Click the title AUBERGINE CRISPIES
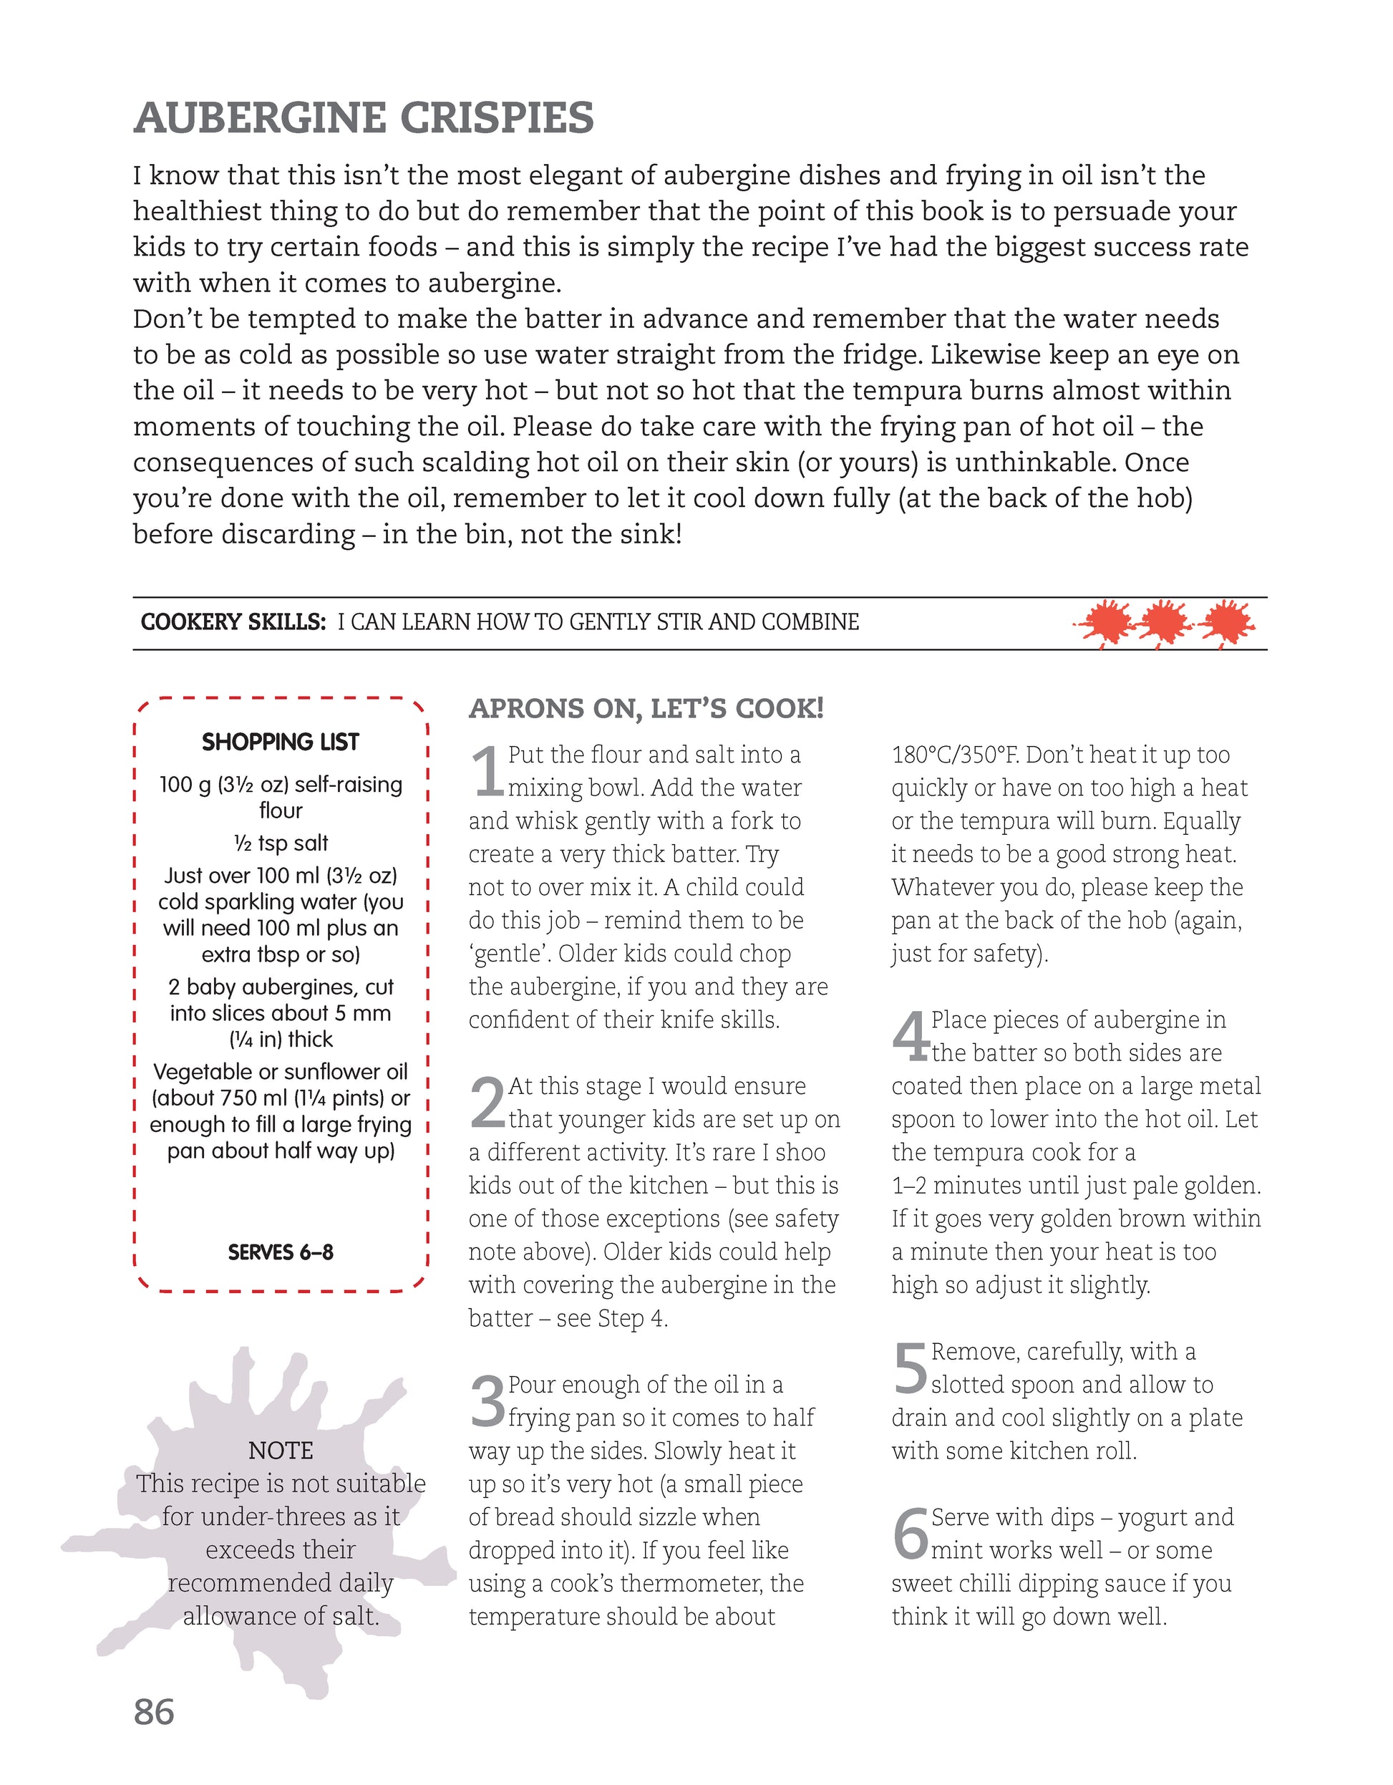[364, 119]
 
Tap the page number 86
[154, 1711]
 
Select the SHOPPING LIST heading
[280, 742]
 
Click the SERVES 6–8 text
[280, 1252]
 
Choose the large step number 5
[910, 1369]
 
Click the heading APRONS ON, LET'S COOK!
[646, 709]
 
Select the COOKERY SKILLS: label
[233, 623]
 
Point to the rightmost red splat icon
[1225, 624]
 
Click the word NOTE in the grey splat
[280, 1451]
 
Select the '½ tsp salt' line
[280, 843]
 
